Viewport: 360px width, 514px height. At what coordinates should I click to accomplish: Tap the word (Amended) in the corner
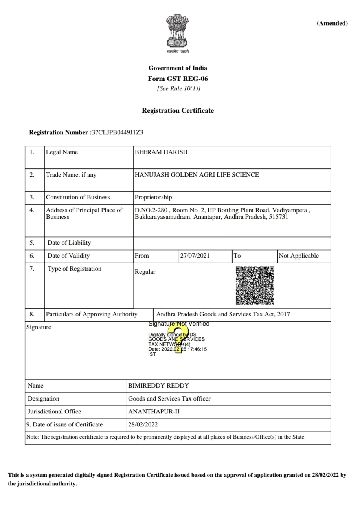click(x=332, y=23)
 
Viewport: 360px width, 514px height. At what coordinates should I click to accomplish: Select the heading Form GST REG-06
click(x=178, y=79)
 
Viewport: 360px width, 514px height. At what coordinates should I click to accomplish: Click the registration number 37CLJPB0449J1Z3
click(x=118, y=132)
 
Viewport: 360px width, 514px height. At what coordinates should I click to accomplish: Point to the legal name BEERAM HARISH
click(x=161, y=152)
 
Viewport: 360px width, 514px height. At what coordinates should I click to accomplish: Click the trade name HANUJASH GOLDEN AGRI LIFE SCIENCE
click(x=197, y=175)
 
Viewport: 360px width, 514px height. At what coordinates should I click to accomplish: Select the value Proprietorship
click(x=153, y=198)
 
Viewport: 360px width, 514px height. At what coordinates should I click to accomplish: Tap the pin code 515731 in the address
click(x=278, y=217)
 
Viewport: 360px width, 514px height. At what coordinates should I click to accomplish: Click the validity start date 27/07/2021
click(x=195, y=256)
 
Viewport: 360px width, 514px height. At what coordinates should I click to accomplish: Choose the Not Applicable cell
click(x=298, y=256)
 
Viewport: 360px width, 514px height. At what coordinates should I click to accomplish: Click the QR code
click(x=255, y=285)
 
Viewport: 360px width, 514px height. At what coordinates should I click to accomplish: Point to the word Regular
click(x=145, y=272)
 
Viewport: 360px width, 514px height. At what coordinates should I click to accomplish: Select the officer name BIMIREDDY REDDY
click(x=158, y=386)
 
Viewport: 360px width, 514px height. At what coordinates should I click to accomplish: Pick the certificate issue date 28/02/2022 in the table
click(x=143, y=425)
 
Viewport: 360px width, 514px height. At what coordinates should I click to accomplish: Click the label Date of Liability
click(x=69, y=243)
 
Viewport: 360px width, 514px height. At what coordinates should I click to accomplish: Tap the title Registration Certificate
click(x=178, y=111)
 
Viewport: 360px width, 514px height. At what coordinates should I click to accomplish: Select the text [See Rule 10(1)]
click(x=178, y=89)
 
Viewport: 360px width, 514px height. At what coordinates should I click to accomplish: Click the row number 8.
click(x=32, y=315)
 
